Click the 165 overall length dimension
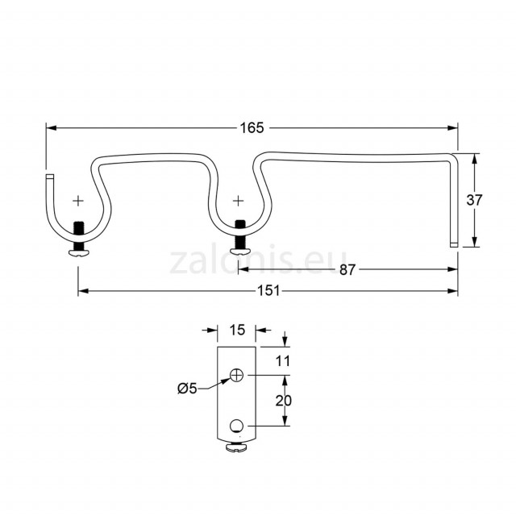tap(252, 127)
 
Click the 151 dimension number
tap(268, 291)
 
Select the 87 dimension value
tap(347, 270)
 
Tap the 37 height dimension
tap(474, 200)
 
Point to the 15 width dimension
tap(237, 330)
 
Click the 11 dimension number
tap(283, 361)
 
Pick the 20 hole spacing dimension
tap(283, 401)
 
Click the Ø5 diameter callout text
tap(187, 389)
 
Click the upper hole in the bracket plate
tap(236, 375)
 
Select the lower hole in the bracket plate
tap(236, 426)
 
